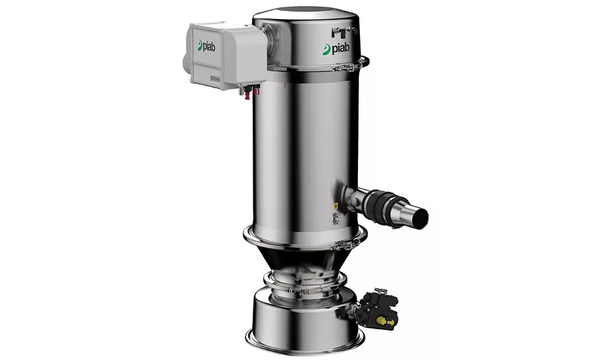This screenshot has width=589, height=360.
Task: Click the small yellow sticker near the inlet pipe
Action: click(x=336, y=205)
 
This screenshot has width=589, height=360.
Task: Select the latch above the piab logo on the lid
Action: click(x=343, y=31)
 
